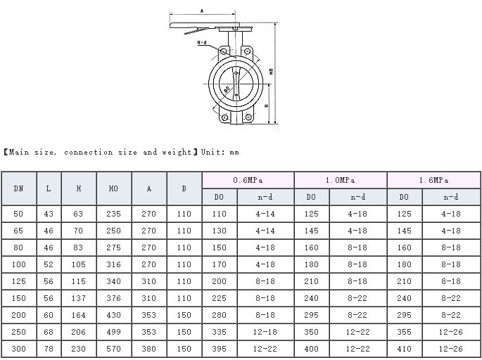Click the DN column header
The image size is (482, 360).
pyautogui.click(x=19, y=188)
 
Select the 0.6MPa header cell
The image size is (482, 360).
pyautogui.click(x=248, y=180)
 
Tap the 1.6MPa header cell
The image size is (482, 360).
pyautogui.click(x=433, y=180)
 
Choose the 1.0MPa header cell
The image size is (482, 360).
pyautogui.click(x=341, y=180)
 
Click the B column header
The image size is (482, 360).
pyautogui.click(x=184, y=188)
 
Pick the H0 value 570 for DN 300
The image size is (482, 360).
pyautogui.click(x=114, y=349)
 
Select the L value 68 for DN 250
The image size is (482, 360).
pyautogui.click(x=49, y=332)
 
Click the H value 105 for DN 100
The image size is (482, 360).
pyautogui.click(x=78, y=264)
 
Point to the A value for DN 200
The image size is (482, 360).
pyautogui.click(x=148, y=315)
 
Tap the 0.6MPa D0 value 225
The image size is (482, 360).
pyautogui.click(x=219, y=298)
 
